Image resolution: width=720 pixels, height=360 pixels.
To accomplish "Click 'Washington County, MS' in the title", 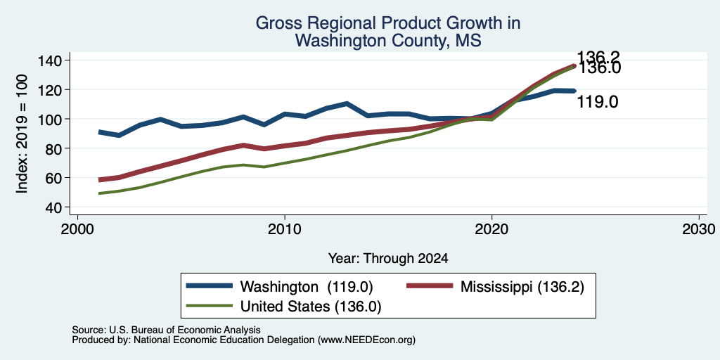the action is point(388,40).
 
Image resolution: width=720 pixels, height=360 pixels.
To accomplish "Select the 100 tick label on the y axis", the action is point(53,120).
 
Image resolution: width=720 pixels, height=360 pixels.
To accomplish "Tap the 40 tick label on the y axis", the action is point(57,207).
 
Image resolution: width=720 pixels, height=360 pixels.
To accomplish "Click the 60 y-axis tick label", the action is point(57,178).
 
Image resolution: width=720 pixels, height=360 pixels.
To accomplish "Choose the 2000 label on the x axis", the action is point(77,229).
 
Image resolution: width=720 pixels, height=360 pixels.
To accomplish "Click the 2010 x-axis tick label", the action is point(285,229).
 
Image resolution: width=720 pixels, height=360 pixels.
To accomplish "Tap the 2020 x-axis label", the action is point(491,229).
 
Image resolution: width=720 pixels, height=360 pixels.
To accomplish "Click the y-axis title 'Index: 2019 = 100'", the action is point(22,134).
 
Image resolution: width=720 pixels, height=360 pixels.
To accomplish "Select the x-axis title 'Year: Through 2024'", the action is point(388,259).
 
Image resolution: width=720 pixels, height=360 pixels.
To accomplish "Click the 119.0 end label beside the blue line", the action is point(598,103).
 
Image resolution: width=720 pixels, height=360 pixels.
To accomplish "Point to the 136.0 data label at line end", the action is point(598,68).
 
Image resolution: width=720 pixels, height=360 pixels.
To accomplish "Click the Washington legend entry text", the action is point(307,287).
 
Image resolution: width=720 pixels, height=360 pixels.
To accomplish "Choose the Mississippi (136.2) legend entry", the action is point(522,287).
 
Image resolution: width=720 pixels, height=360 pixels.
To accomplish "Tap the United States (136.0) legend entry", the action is point(311,307).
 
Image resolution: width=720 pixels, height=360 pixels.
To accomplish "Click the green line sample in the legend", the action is point(209,305).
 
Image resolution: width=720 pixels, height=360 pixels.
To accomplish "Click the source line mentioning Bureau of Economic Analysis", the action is point(166,330).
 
